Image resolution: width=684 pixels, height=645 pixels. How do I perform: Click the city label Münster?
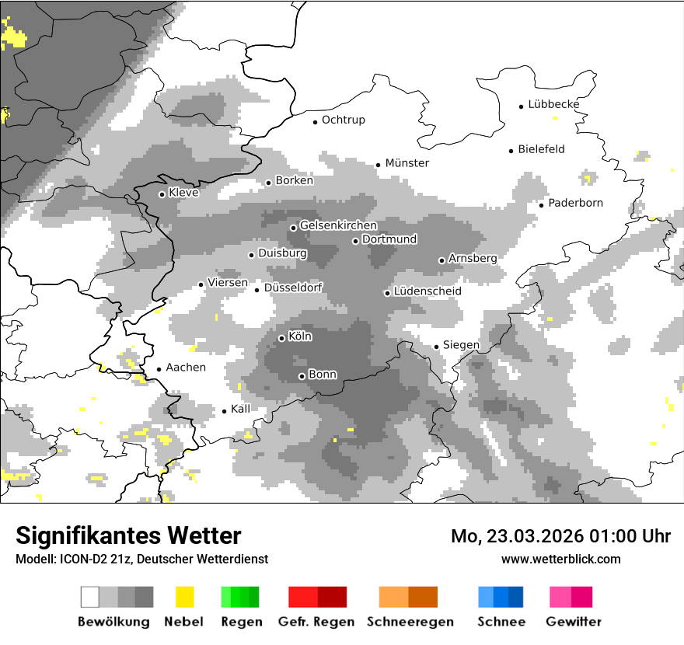point(407,163)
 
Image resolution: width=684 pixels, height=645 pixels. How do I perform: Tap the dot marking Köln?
point(281,338)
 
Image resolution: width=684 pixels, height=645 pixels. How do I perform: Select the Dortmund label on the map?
point(389,239)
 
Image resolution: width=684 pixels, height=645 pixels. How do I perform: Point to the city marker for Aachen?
point(159,369)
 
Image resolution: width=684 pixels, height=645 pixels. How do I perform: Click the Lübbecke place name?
point(553,104)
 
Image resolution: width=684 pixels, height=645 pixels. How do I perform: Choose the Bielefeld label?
point(541,149)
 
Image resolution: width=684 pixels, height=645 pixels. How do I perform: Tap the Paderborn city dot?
point(541,204)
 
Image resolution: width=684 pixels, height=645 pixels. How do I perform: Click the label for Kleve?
point(183,193)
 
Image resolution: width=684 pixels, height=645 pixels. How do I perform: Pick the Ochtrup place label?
point(343,120)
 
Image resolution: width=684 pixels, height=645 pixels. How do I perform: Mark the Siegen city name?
point(461,345)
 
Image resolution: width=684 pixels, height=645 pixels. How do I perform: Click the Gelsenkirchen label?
point(338,225)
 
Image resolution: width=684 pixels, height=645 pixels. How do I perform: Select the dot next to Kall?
point(225,411)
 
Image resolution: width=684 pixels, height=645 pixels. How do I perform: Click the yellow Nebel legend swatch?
point(184,597)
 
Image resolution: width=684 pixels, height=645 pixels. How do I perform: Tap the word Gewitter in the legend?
point(573,622)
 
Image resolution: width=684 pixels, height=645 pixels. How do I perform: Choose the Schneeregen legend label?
point(410,622)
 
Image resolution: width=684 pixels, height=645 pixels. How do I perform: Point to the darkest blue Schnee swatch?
point(515,597)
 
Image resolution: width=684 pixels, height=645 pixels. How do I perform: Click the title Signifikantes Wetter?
point(128,535)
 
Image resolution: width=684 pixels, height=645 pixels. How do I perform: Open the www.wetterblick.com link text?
point(560,559)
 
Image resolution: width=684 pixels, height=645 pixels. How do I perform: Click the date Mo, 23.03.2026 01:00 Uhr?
point(560,536)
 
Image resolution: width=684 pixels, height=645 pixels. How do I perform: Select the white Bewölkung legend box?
point(90,597)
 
